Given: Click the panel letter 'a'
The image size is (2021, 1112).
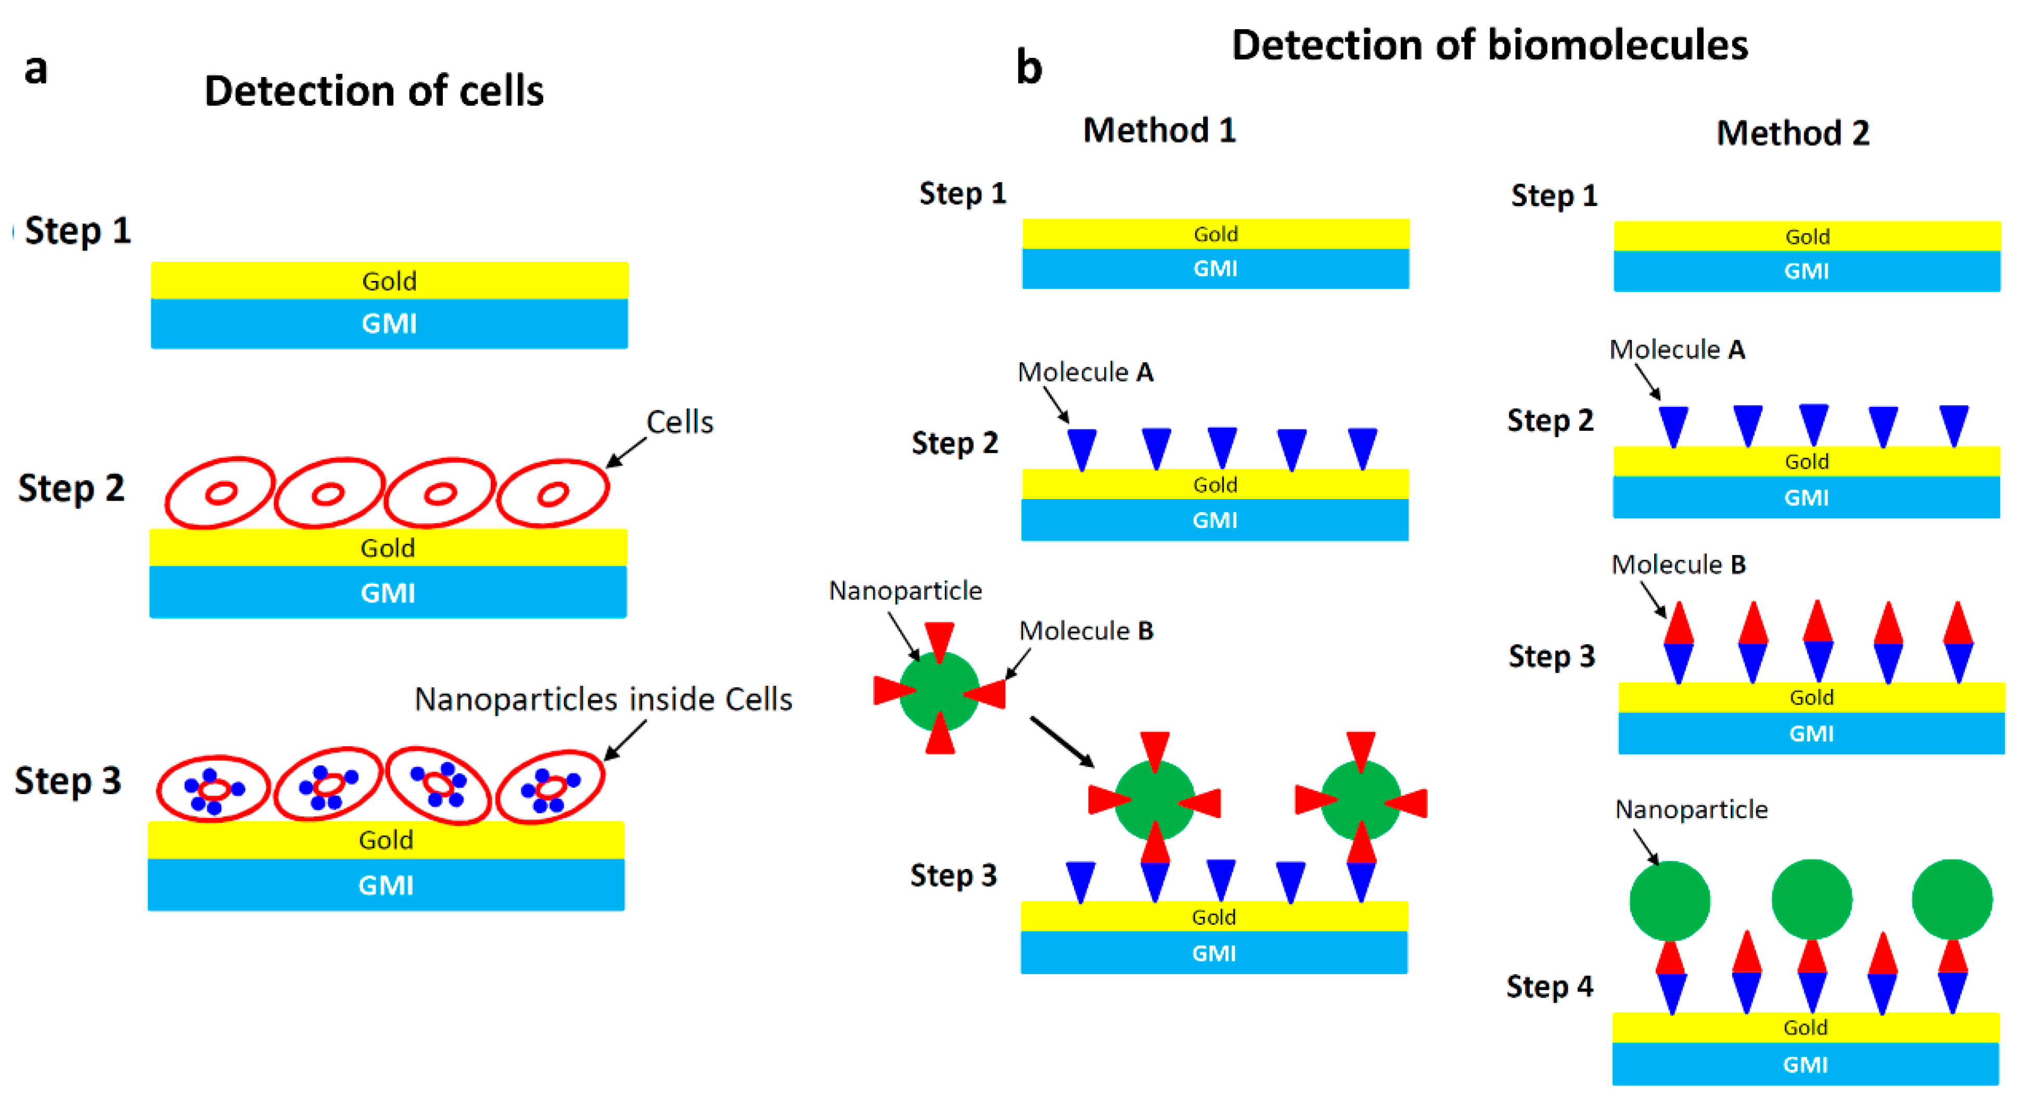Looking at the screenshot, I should tap(35, 69).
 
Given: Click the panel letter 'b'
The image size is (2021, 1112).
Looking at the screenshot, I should tap(1029, 68).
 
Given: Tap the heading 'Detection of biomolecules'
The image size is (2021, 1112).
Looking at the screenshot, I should tap(1489, 45).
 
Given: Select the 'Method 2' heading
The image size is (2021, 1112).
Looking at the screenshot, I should tap(1792, 133).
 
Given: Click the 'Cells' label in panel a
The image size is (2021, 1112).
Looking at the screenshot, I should tap(680, 422).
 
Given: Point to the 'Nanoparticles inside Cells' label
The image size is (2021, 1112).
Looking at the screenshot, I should tap(603, 699).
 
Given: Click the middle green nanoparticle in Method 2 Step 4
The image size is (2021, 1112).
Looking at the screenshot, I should tap(1811, 899).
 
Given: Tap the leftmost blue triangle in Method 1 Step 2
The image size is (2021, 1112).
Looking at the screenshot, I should tap(1081, 448).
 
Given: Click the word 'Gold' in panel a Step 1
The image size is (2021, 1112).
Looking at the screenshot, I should tap(389, 281).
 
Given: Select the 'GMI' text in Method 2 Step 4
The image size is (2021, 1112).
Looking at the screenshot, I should tap(1805, 1065).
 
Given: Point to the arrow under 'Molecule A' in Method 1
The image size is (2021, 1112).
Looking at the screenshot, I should tap(1056, 405).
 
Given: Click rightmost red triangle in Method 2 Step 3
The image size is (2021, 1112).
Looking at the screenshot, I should tap(1958, 624).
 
